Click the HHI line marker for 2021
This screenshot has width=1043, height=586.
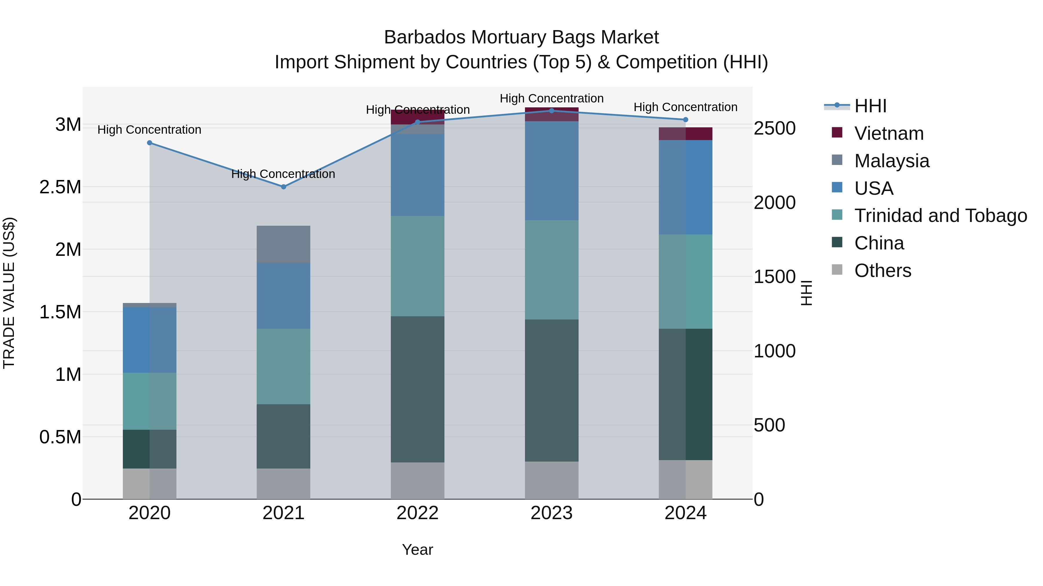click(x=283, y=187)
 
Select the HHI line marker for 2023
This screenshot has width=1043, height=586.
click(x=551, y=111)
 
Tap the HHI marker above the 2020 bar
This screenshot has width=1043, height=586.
click(x=149, y=143)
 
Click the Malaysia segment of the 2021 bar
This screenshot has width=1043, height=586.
click(x=283, y=244)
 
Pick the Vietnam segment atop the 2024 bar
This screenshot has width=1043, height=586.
click(x=685, y=134)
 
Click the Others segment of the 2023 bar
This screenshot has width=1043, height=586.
click(x=551, y=480)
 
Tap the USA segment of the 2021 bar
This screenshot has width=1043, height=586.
click(x=283, y=296)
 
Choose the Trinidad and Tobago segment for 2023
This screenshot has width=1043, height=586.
click(x=551, y=270)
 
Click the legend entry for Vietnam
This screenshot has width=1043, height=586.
click(x=889, y=133)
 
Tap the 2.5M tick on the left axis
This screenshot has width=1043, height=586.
click(x=60, y=187)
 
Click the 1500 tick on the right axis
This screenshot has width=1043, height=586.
click(x=774, y=277)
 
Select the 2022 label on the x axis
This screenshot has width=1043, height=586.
click(x=417, y=513)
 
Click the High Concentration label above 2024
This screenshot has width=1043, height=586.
click(x=685, y=107)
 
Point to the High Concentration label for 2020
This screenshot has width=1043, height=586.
click(x=149, y=130)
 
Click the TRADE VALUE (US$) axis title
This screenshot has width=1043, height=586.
click(x=9, y=293)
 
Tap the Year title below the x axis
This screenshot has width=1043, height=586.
click(x=417, y=550)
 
